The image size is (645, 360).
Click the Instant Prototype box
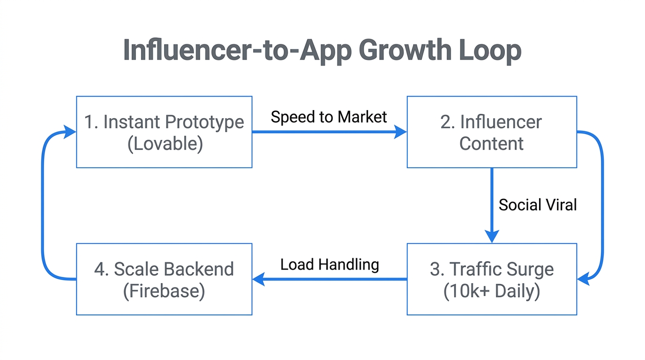pyautogui.click(x=164, y=132)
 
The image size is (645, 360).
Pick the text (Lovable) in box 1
pyautogui.click(x=165, y=143)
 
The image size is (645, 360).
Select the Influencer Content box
pyautogui.click(x=491, y=132)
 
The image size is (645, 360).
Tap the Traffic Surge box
pyautogui.click(x=491, y=279)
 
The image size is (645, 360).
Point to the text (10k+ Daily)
pyautogui.click(x=491, y=291)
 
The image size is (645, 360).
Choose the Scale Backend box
pyautogui.click(x=164, y=279)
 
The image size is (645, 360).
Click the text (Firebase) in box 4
pyautogui.click(x=164, y=291)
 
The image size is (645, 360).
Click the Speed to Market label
pyautogui.click(x=329, y=117)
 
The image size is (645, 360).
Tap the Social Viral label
pyautogui.click(x=538, y=205)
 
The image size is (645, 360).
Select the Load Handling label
pyautogui.click(x=330, y=264)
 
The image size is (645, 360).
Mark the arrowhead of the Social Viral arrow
pyautogui.click(x=492, y=236)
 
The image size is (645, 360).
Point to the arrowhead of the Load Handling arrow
pyautogui.click(x=258, y=280)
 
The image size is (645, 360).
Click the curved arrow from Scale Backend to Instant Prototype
pyautogui.click(x=43, y=206)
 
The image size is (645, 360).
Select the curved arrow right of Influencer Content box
pyautogui.click(x=602, y=206)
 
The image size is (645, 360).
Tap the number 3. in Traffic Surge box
pyautogui.click(x=436, y=270)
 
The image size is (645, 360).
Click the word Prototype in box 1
pyautogui.click(x=205, y=122)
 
